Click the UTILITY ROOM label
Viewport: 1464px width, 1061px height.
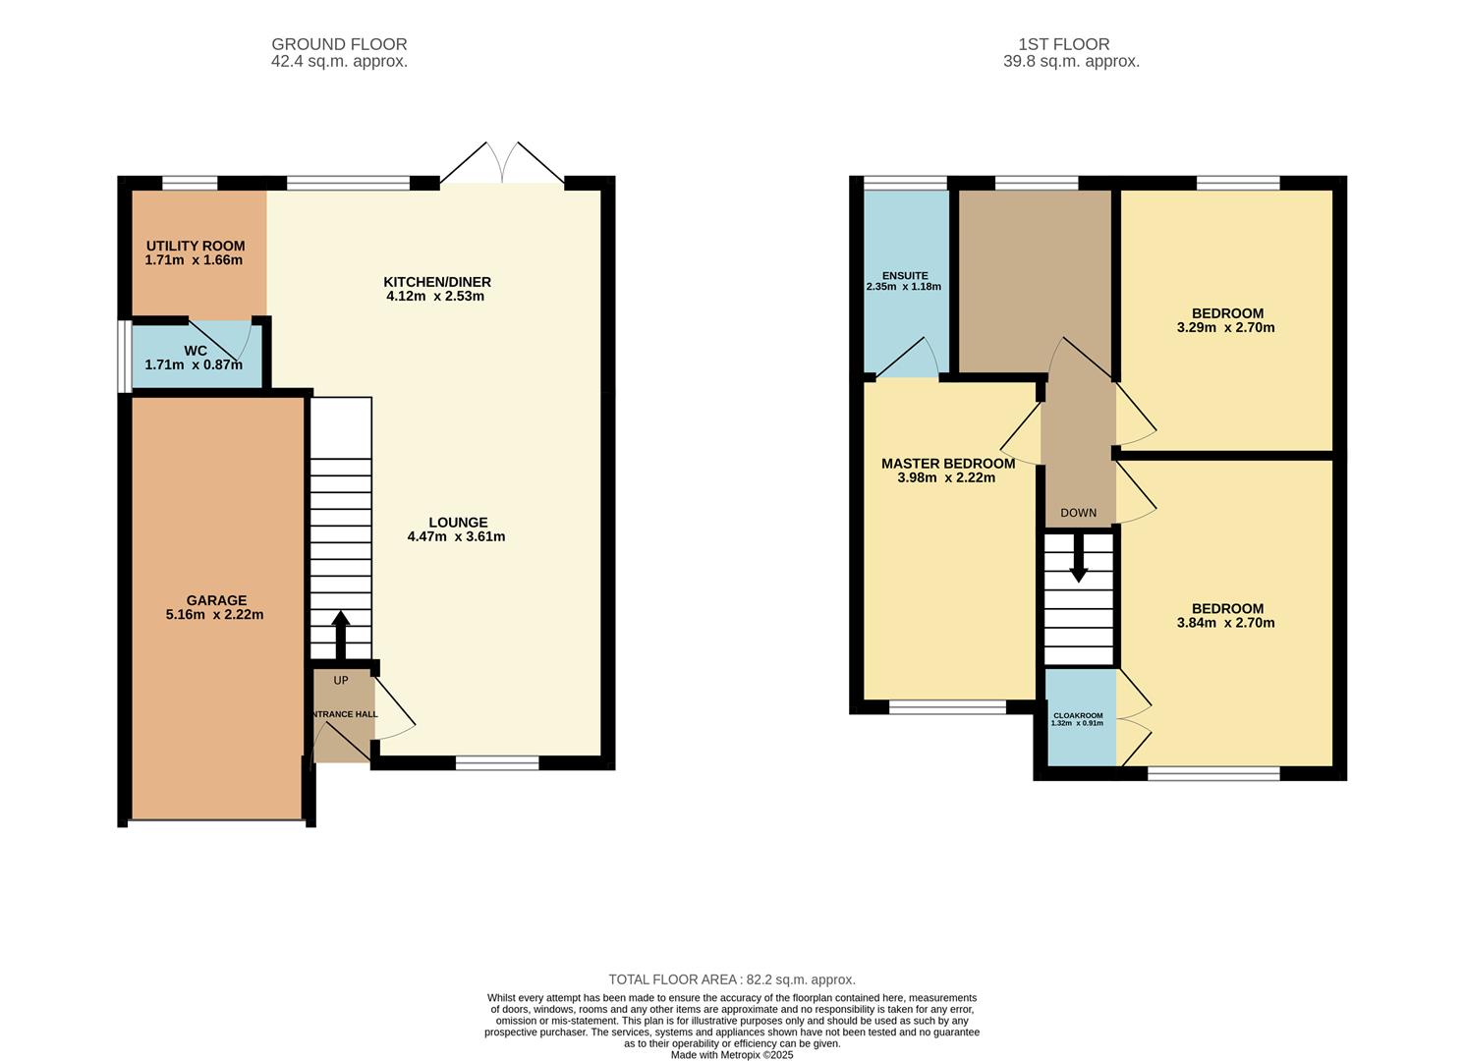click(x=196, y=246)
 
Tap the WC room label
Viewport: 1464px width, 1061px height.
click(x=196, y=351)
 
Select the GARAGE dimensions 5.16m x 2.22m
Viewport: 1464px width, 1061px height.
click(x=215, y=615)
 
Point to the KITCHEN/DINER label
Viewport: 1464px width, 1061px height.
click(x=437, y=282)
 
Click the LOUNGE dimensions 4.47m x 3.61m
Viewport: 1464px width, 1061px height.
click(x=456, y=536)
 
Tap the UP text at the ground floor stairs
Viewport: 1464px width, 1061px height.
click(x=341, y=681)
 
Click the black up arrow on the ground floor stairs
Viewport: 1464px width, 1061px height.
click(x=341, y=634)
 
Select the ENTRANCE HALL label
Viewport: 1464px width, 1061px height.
click(x=344, y=714)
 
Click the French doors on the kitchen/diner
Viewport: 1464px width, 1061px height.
click(x=502, y=164)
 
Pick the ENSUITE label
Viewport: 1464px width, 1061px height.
click(x=905, y=276)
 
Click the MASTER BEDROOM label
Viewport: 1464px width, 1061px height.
click(x=948, y=464)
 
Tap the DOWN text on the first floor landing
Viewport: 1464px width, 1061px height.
click(x=1079, y=513)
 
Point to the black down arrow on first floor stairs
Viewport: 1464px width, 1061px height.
click(x=1079, y=560)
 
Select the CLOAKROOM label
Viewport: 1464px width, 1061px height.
click(x=1078, y=715)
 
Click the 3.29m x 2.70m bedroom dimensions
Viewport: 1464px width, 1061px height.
click(x=1226, y=328)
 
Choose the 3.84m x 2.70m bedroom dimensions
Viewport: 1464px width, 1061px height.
click(x=1226, y=623)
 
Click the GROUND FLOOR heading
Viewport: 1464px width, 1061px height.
click(x=339, y=44)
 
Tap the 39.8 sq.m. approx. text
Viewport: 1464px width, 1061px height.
click(x=1071, y=61)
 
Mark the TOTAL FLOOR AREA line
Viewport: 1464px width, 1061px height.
click(x=732, y=979)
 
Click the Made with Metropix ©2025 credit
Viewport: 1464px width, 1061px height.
click(x=732, y=1055)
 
